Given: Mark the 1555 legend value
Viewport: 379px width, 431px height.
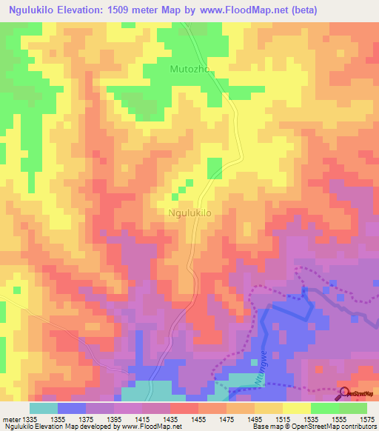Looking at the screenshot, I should point(338,419).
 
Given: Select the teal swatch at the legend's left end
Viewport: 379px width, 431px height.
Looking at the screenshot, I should point(43,408).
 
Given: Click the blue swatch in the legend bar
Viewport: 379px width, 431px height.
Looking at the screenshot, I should point(71,408).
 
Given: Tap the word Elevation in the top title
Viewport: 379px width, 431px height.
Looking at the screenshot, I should point(82,10).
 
